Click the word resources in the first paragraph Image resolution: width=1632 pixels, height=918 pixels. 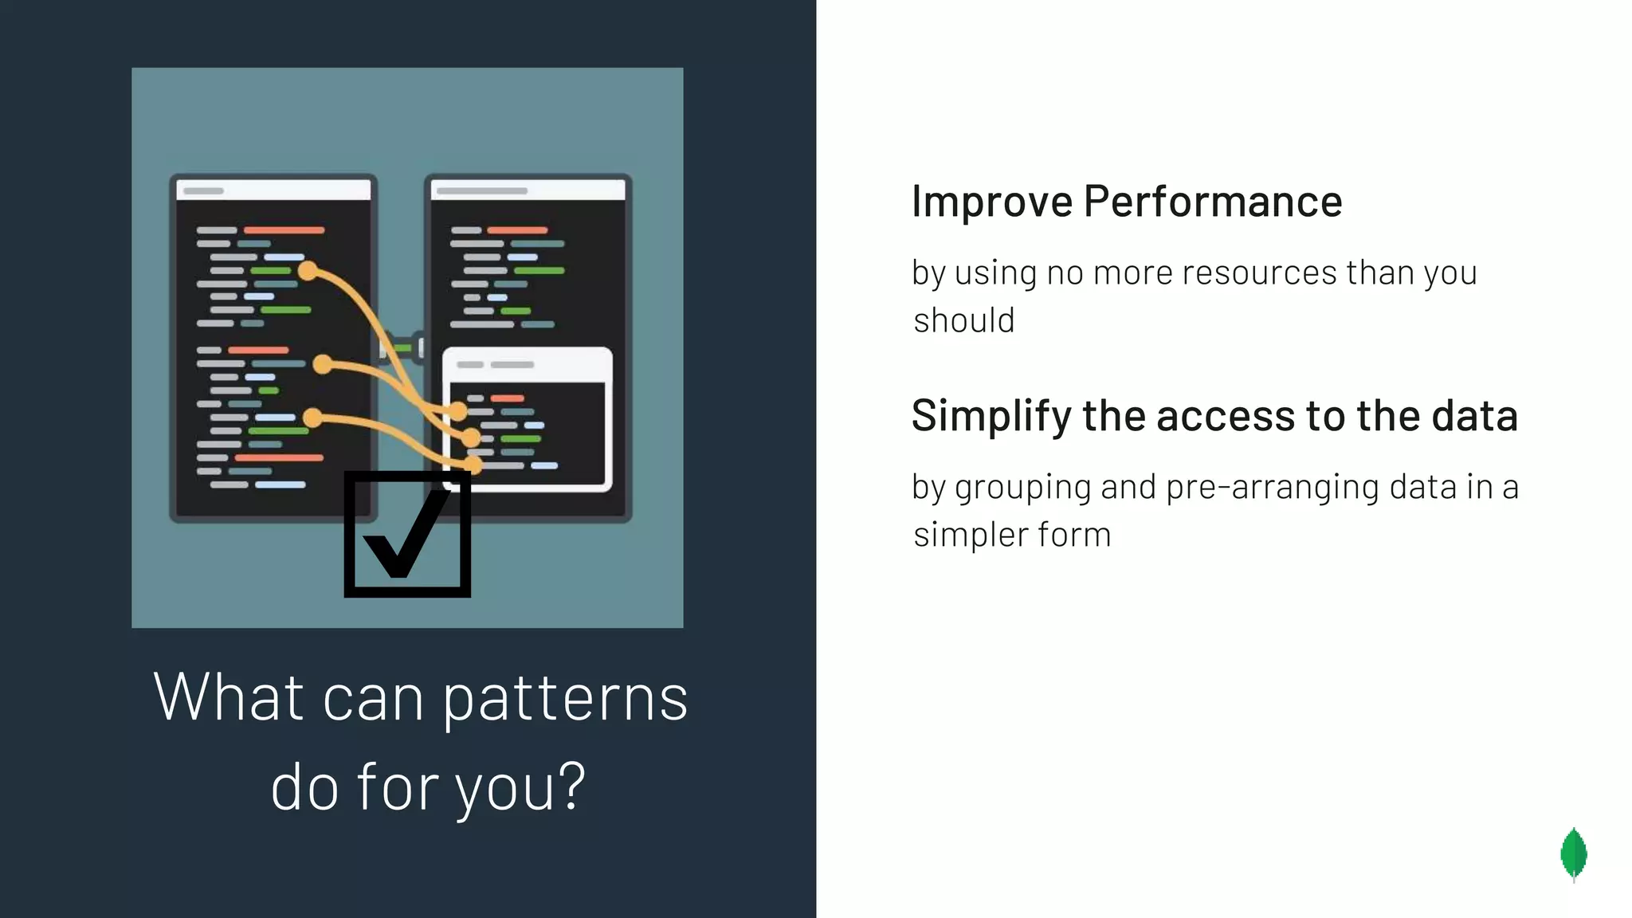coord(1258,273)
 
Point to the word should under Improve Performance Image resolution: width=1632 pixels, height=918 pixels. coord(963,320)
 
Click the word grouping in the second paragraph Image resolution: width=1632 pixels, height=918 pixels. coord(1022,487)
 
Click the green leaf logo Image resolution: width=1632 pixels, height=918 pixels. coord(1573,854)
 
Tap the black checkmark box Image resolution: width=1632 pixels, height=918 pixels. coord(407,535)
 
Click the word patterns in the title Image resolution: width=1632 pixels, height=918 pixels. coord(565,698)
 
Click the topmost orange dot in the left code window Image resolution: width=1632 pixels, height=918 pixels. coord(308,271)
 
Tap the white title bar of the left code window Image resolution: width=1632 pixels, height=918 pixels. coord(273,190)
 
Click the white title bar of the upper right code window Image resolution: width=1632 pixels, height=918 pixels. coord(528,190)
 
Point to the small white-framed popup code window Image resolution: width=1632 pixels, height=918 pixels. coord(528,419)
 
